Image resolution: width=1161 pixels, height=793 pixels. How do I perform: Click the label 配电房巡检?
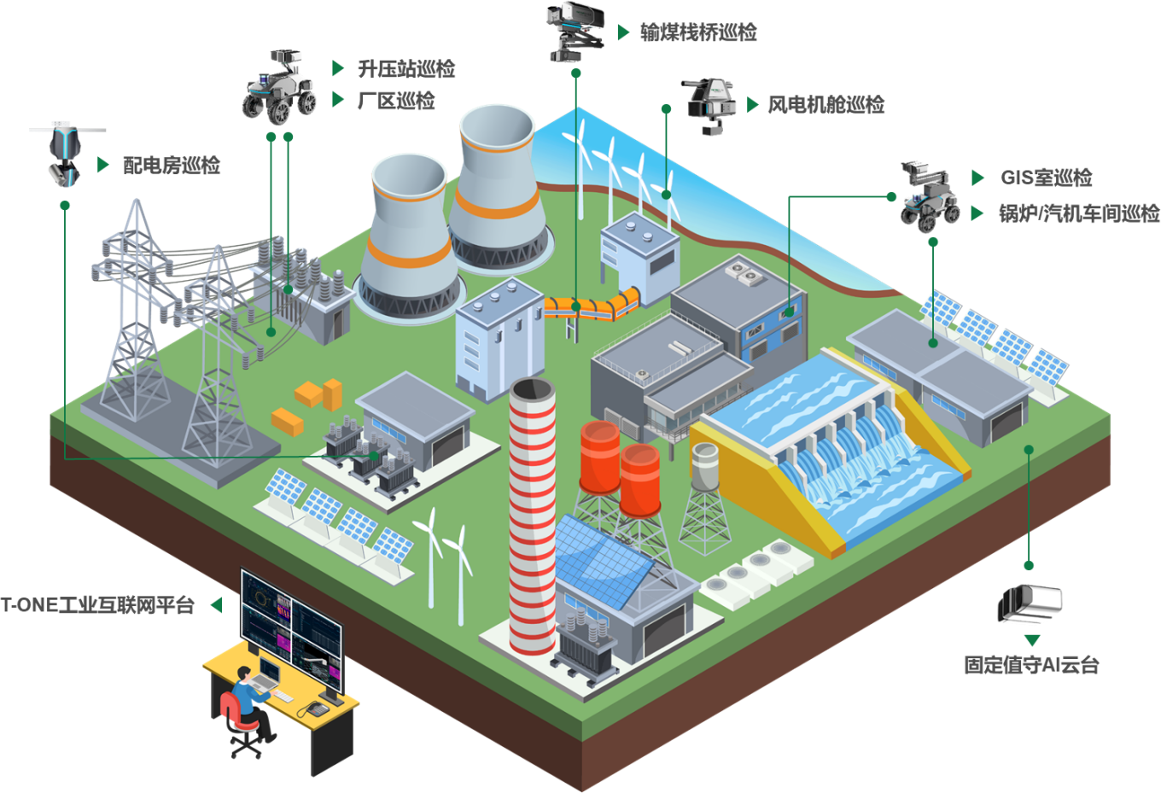click(172, 165)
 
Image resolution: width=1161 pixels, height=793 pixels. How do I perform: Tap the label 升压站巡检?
click(406, 68)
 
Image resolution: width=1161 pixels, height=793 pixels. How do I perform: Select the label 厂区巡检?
click(396, 101)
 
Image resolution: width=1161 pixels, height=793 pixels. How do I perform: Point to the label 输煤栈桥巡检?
click(698, 32)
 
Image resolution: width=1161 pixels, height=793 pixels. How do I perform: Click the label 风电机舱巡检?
click(826, 104)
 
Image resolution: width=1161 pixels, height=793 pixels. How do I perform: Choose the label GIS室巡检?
click(1046, 178)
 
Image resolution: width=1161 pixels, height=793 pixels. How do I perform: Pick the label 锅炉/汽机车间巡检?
click(1079, 213)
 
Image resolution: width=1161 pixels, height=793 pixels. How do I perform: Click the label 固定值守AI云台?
click(1031, 664)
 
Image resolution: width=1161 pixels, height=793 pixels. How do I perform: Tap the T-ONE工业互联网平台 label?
click(98, 605)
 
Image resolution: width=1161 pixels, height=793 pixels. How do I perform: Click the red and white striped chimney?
click(532, 512)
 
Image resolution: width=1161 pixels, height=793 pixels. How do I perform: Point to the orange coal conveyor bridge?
click(592, 304)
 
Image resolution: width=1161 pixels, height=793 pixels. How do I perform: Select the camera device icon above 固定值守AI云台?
click(1030, 603)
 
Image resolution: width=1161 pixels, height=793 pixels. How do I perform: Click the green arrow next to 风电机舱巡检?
click(752, 104)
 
